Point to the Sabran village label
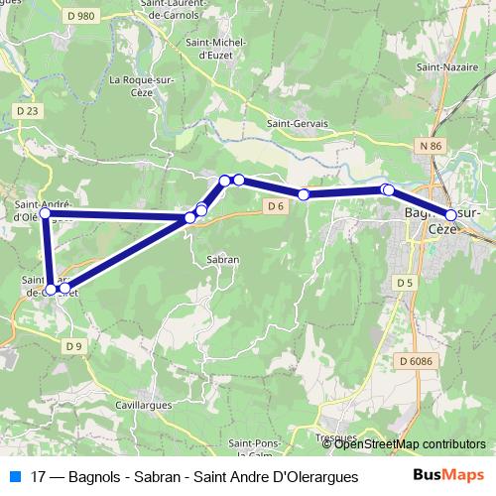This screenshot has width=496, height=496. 223,259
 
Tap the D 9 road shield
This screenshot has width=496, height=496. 74,346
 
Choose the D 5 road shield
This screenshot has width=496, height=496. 403,283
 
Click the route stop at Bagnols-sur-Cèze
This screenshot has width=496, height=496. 451,214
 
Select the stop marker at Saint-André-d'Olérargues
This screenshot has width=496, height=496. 45,212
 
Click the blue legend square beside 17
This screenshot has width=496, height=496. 15,476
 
